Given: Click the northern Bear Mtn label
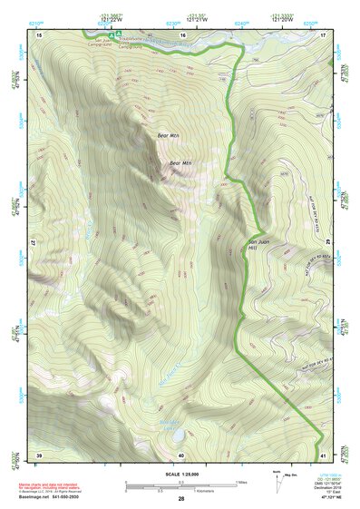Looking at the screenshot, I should click(x=169, y=135).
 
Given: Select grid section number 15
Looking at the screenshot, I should click(x=39, y=34).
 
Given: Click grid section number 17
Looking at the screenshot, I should click(x=323, y=34).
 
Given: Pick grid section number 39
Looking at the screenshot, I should click(x=39, y=455).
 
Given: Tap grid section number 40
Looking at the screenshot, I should click(x=181, y=455).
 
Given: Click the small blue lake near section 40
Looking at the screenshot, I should click(x=168, y=437).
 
